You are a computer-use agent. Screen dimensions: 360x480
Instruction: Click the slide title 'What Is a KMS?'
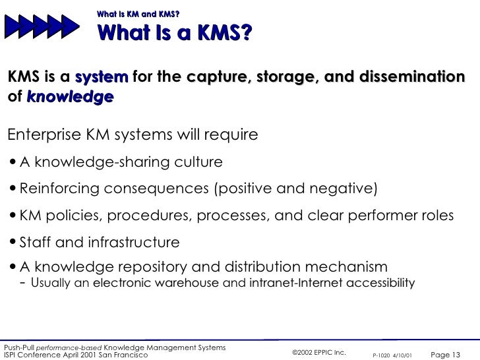tap(174, 33)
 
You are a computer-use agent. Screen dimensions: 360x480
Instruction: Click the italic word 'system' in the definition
tap(102, 78)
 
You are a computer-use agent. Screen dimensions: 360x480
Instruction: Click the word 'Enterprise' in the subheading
tap(44, 136)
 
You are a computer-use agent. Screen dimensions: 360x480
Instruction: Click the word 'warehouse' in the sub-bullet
tap(196, 284)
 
